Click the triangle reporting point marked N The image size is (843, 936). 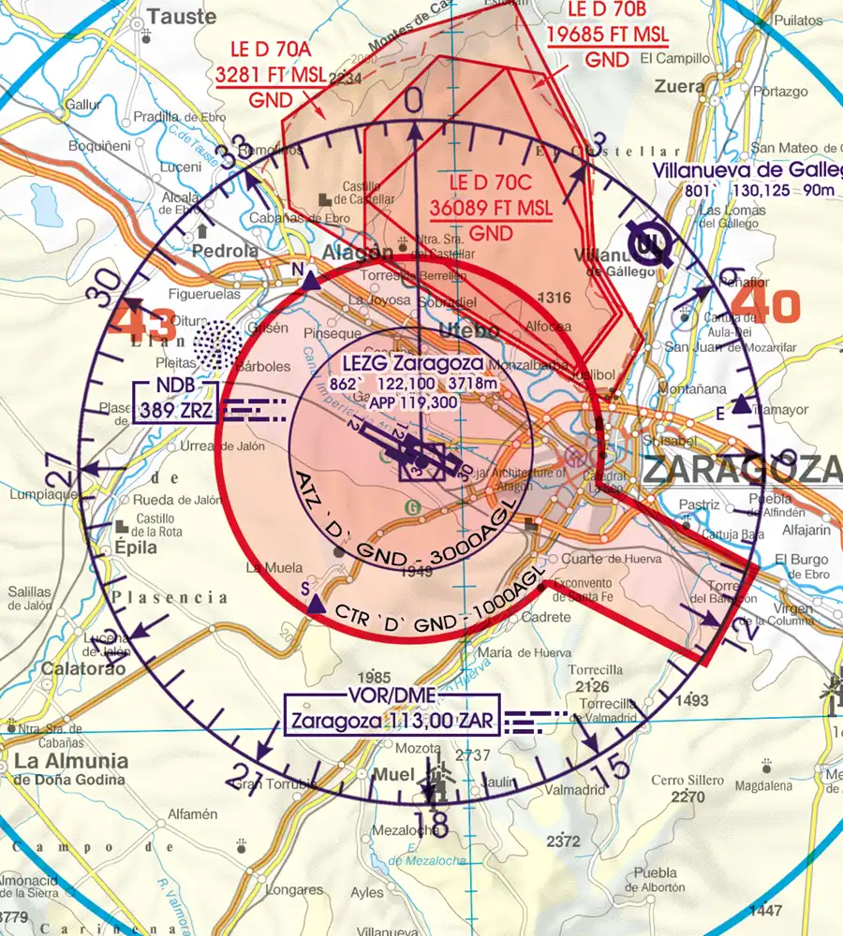click(x=310, y=278)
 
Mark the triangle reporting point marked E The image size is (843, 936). click(x=741, y=404)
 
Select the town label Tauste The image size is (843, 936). click(x=182, y=18)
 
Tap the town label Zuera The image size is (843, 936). click(x=681, y=86)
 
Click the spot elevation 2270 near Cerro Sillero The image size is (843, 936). click(x=688, y=797)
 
